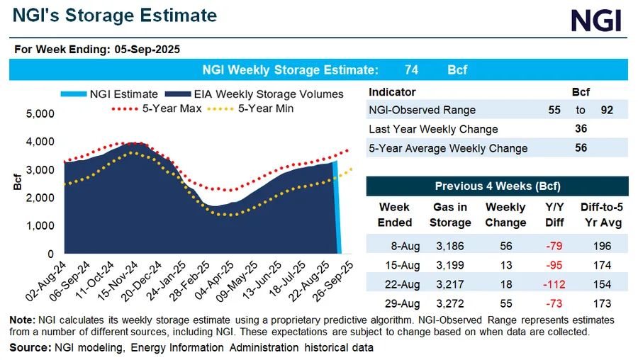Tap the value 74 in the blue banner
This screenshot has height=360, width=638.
click(x=411, y=70)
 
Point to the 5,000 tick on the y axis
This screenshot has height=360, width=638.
click(x=40, y=114)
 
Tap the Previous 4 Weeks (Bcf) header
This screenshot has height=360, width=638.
click(x=497, y=186)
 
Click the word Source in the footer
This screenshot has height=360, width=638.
click(x=29, y=348)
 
